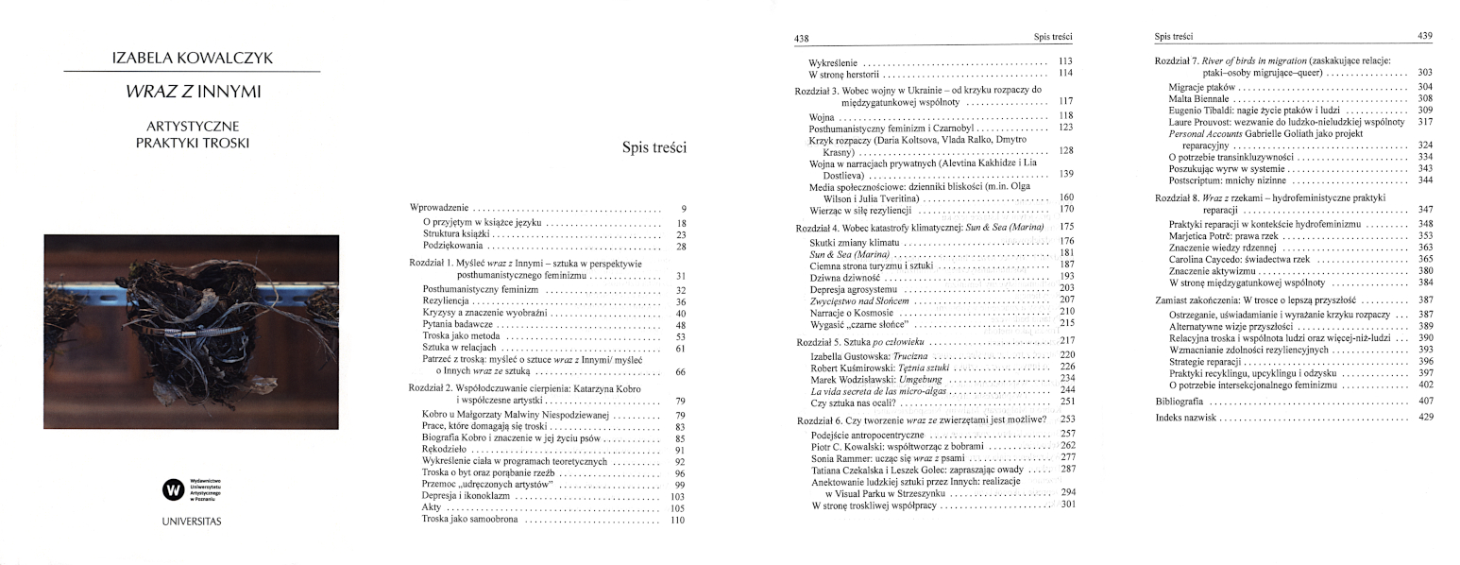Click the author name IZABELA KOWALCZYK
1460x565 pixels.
[x=192, y=59]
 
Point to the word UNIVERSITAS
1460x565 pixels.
[x=192, y=522]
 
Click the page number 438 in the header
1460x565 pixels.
[x=803, y=39]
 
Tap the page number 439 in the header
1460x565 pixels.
[x=1424, y=36]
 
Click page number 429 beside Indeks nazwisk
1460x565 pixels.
[x=1425, y=418]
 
